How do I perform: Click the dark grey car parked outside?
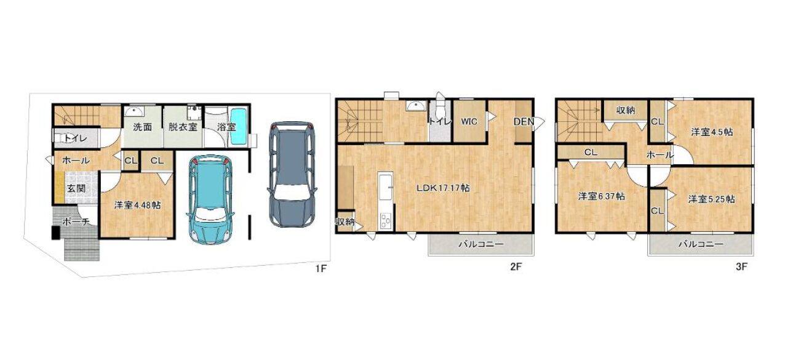(x=292, y=174)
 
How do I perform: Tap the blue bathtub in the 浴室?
(x=239, y=127)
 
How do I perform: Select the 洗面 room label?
(x=142, y=127)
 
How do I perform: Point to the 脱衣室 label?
(x=183, y=127)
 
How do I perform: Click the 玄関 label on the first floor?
(x=76, y=188)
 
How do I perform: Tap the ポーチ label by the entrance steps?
(x=76, y=222)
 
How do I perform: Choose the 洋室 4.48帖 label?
(x=137, y=205)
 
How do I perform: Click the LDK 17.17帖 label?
(x=443, y=188)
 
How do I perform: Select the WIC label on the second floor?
(x=469, y=122)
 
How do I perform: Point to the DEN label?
(x=524, y=122)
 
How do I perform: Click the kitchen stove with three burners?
(x=386, y=222)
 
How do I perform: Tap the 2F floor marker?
(x=516, y=267)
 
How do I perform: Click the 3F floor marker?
(x=741, y=267)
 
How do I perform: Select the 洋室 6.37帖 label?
(x=602, y=196)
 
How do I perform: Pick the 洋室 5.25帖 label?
(x=712, y=199)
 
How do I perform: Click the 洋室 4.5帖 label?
(x=712, y=132)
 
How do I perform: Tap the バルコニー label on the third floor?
(x=701, y=244)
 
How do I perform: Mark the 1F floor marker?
(x=321, y=269)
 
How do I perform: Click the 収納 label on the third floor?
(x=626, y=110)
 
